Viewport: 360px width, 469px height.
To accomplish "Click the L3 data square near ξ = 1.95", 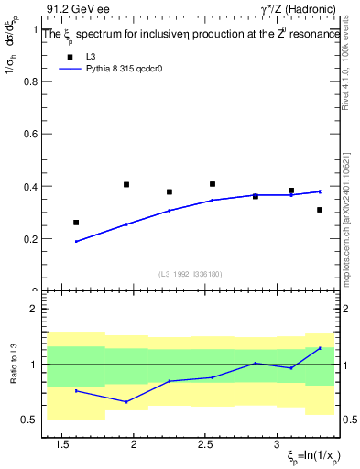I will pyautogui.click(x=126, y=184).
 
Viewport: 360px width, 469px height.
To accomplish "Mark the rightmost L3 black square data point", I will pyautogui.click(x=320, y=210).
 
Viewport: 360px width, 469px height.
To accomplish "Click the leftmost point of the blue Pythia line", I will pyautogui.click(x=76, y=242).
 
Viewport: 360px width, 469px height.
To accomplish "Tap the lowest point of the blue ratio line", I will pyautogui.click(x=126, y=401).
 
